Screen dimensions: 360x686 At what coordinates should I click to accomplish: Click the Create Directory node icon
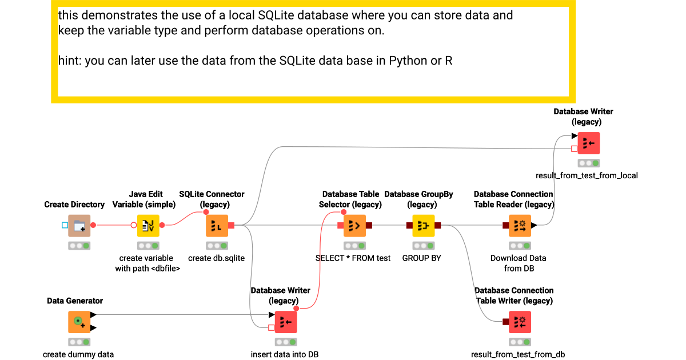(79, 226)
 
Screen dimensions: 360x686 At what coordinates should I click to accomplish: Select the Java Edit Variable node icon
(148, 226)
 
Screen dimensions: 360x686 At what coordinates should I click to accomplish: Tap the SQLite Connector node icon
(217, 226)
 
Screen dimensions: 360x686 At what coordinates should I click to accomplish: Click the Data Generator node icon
(79, 322)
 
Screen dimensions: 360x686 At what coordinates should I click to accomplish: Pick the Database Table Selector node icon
(354, 226)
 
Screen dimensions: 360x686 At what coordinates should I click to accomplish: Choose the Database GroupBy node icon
(424, 226)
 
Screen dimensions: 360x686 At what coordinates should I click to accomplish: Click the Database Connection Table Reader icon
(520, 226)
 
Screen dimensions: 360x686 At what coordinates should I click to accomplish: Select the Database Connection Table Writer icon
(520, 322)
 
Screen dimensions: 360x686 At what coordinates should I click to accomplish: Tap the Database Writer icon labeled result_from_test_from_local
(588, 143)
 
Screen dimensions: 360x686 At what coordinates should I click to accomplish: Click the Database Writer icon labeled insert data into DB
(285, 322)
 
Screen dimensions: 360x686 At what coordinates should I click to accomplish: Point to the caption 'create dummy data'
(78, 354)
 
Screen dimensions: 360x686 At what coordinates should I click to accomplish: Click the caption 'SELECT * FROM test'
(353, 258)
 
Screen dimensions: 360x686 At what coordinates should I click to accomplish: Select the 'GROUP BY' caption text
(422, 258)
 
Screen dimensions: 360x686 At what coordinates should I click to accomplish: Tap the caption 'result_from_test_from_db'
(518, 354)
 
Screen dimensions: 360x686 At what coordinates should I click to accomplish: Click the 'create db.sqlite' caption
(216, 258)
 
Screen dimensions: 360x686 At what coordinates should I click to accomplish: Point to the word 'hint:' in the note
(70, 60)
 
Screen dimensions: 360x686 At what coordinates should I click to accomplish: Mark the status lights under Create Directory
(79, 246)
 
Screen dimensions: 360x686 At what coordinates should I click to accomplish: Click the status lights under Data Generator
(79, 342)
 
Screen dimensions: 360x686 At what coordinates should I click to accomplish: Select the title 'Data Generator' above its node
(75, 301)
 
